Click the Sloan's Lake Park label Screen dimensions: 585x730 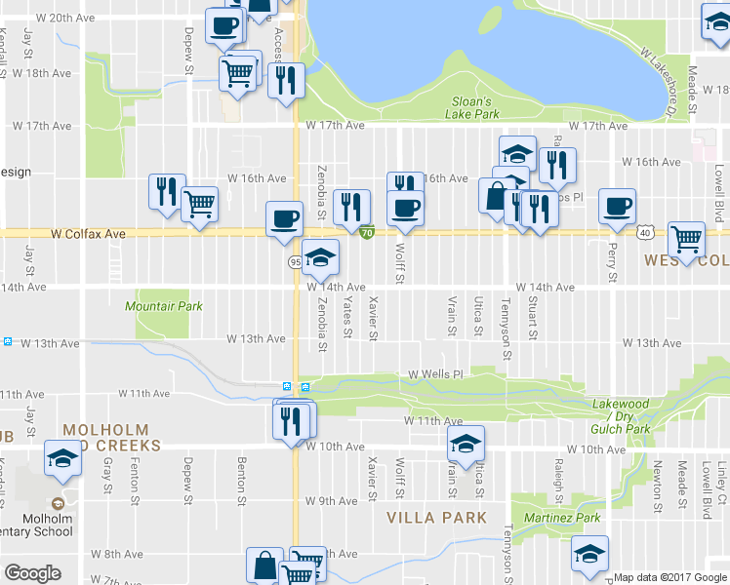pyautogui.click(x=476, y=107)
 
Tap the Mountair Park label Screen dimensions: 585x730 pyautogui.click(x=164, y=306)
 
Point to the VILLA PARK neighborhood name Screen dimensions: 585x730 pyautogui.click(x=434, y=516)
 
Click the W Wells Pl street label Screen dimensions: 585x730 pyautogui.click(x=433, y=374)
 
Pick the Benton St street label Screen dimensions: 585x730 pyautogui.click(x=240, y=478)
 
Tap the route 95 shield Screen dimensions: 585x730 pyautogui.click(x=295, y=262)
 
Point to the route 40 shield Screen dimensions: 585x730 pyautogui.click(x=645, y=233)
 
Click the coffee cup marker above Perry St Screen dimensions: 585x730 pyautogui.click(x=617, y=207)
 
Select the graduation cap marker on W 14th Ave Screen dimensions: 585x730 pyautogui.click(x=320, y=258)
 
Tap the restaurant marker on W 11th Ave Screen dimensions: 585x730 pyautogui.click(x=291, y=420)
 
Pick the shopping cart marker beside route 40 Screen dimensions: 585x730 pyautogui.click(x=687, y=240)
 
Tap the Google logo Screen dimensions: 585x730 pyautogui.click(x=32, y=573)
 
